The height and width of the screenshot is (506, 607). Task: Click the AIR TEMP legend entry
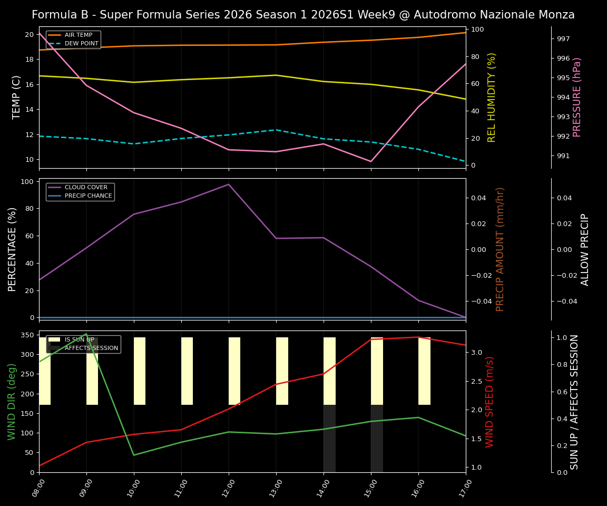78,35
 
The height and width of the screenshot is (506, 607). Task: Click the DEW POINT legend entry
81,44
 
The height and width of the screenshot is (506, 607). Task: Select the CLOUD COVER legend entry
86,188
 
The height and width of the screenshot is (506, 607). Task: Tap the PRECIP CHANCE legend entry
88,196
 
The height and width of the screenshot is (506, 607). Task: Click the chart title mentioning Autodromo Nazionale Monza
303,15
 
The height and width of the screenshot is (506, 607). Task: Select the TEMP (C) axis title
17,97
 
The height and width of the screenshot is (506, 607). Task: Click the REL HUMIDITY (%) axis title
492,97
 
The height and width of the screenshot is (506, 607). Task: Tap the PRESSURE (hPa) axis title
577,97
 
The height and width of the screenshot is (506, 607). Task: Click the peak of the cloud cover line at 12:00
229,184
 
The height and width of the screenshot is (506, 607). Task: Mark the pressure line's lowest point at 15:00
371,161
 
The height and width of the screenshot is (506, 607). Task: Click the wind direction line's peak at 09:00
86,334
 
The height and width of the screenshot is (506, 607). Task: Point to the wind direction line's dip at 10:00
134,455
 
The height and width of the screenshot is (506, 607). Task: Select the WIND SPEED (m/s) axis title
490,402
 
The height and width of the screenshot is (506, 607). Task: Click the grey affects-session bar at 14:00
329,439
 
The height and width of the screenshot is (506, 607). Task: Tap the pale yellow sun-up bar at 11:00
187,371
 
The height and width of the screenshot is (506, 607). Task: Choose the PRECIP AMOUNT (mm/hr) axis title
500,249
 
